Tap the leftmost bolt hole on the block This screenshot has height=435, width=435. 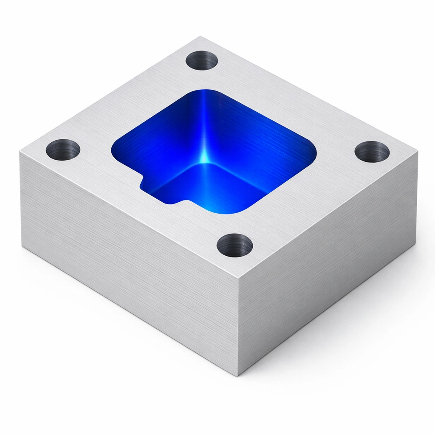[63, 150]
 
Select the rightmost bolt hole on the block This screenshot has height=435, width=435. [372, 152]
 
